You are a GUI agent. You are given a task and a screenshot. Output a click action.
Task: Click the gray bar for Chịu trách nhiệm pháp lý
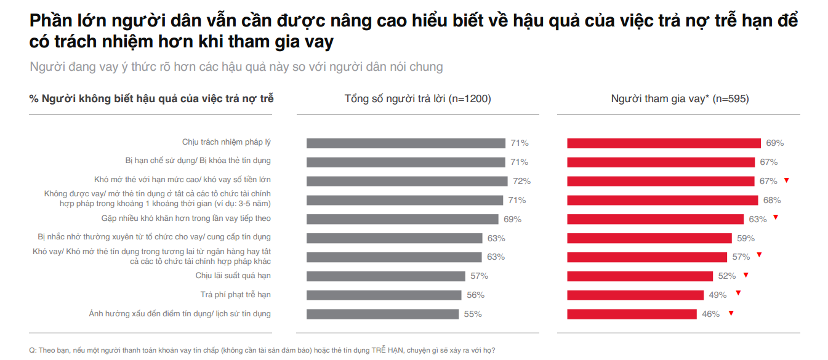(406, 143)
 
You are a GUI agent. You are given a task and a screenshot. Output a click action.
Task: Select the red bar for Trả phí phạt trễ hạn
(635, 295)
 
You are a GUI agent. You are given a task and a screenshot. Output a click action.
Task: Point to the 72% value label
(521, 181)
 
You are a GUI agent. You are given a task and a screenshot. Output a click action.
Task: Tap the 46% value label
(710, 314)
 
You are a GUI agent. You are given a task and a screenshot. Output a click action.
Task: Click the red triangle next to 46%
(731, 313)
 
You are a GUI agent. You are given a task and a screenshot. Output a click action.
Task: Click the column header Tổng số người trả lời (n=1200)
(417, 98)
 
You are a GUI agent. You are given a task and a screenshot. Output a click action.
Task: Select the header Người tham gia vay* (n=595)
(680, 98)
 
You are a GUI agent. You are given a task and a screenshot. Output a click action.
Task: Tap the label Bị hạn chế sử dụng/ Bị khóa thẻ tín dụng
(198, 161)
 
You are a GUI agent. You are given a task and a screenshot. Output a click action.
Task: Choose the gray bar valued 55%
(382, 314)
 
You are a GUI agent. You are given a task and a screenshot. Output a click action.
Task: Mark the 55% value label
(473, 314)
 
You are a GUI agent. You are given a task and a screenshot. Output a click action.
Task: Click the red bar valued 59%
(649, 238)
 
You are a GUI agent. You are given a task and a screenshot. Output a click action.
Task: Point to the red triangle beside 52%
(746, 275)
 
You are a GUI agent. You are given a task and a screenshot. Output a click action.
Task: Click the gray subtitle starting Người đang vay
(236, 66)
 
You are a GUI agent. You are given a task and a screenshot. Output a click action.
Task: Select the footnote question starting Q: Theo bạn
(262, 350)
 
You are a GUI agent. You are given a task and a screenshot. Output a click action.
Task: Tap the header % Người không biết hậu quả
(151, 98)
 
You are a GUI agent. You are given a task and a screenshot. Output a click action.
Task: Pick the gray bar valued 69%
(402, 219)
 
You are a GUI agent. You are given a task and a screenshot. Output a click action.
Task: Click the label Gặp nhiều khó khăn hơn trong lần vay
(186, 218)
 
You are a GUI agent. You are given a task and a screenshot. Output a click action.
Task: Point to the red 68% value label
(772, 200)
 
